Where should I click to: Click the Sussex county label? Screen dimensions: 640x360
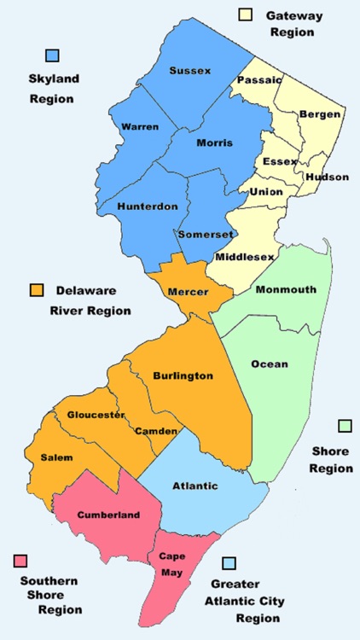click(x=189, y=70)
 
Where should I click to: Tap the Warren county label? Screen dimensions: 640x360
click(x=140, y=126)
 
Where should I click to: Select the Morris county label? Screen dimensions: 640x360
click(x=214, y=143)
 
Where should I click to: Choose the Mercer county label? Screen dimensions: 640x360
click(x=188, y=292)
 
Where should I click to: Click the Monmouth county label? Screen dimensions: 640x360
click(x=285, y=289)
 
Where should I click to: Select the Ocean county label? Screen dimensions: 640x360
click(x=270, y=364)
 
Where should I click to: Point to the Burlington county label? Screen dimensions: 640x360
click(x=183, y=375)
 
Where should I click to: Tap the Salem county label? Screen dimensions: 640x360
click(x=56, y=457)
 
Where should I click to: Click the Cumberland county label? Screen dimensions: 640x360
click(x=108, y=515)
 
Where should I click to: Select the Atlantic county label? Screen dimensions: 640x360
click(x=195, y=486)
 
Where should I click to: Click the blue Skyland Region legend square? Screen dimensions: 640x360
click(x=53, y=55)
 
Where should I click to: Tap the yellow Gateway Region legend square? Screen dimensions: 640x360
click(x=246, y=15)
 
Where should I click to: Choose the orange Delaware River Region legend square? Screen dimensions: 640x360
click(x=37, y=289)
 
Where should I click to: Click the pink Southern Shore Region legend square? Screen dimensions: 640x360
click(x=20, y=561)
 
